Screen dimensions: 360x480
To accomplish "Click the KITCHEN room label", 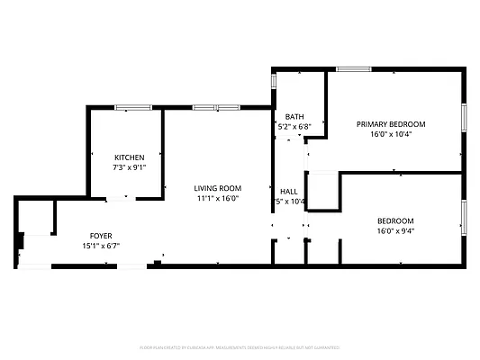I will tap(129, 157).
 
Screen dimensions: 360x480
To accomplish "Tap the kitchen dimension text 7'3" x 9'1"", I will tap(129, 166).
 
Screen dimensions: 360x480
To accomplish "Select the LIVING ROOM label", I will tap(218, 188).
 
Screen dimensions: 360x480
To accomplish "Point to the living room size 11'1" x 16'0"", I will tap(217, 199).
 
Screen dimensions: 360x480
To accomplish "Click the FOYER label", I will tap(100, 235).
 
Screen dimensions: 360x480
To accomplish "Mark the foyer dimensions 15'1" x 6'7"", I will tap(101, 245).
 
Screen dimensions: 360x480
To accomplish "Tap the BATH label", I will tap(294, 117).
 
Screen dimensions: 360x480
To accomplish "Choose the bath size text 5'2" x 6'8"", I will tap(294, 127).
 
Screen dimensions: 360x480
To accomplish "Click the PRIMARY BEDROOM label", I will tap(391, 124).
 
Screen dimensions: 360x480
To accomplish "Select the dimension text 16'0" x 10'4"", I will tap(391, 134).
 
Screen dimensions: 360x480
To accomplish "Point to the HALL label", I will tap(289, 191).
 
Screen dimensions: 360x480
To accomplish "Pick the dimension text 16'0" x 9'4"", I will tap(394, 230).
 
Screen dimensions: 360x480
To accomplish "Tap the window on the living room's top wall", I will tap(216, 107).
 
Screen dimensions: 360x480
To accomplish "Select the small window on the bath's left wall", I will tap(274, 81).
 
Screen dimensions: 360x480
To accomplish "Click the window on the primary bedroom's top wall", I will tap(354, 68).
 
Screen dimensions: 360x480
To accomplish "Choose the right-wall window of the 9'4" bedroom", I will tap(464, 216).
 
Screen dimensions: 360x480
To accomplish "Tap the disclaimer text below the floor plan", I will tap(240, 346).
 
